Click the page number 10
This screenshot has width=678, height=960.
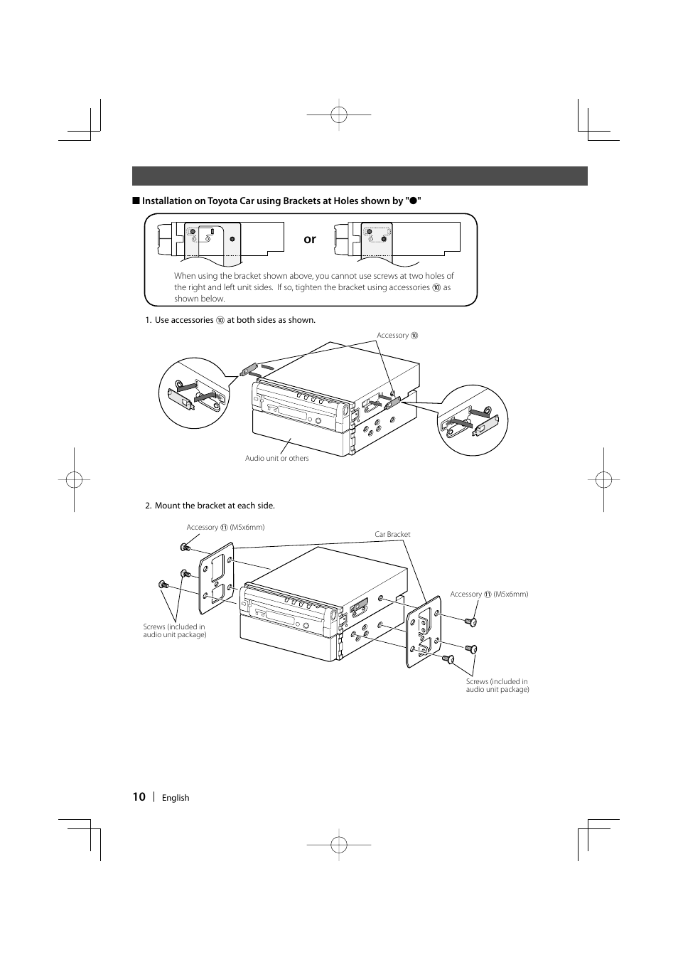point(139,796)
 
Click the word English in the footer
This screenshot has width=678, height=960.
point(176,798)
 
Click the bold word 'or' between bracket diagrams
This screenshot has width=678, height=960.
point(310,240)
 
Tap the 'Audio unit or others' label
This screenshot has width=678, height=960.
point(277,459)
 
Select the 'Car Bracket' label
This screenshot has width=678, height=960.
point(392,534)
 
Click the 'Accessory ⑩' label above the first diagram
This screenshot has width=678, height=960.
point(397,336)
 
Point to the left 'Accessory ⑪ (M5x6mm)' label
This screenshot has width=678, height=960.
point(225,528)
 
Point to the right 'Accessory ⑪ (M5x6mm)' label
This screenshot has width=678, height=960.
point(489,594)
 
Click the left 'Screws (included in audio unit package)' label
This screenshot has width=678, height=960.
point(174,631)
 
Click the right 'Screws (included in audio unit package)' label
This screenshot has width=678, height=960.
point(497,686)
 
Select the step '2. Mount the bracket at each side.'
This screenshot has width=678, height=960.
point(210,506)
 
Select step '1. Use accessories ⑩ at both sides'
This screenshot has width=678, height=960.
point(230,320)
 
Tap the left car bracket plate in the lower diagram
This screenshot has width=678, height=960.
point(217,577)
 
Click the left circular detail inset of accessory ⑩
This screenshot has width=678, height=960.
point(194,393)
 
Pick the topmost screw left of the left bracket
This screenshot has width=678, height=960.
point(185,547)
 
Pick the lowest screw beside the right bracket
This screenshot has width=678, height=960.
point(448,659)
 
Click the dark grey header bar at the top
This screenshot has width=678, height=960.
point(360,176)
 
